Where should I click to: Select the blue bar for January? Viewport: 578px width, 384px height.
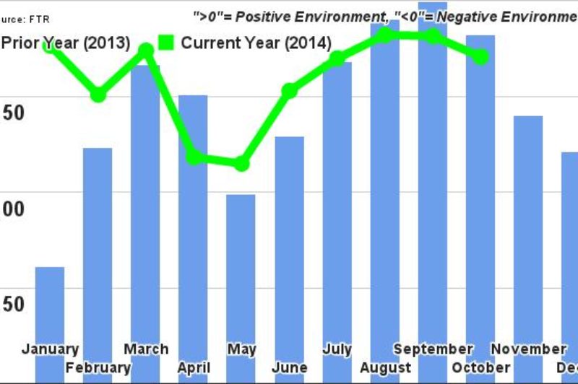click(50, 310)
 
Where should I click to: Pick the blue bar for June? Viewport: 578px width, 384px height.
click(289, 245)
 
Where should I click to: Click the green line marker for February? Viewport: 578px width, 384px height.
click(98, 94)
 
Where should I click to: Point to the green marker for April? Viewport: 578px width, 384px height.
click(194, 157)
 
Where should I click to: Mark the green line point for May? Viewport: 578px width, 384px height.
click(241, 164)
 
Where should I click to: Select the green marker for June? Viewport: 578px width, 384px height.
click(289, 90)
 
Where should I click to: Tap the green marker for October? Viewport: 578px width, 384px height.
click(480, 56)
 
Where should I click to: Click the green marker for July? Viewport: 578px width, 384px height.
click(337, 58)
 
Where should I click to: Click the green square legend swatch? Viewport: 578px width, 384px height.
click(165, 43)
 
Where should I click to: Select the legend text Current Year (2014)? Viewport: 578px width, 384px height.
click(256, 43)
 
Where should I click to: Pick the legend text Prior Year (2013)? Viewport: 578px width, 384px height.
click(66, 43)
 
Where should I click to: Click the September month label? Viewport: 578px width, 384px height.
click(432, 349)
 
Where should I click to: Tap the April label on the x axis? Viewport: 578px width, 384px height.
click(194, 367)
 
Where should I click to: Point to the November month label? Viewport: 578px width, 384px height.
click(528, 349)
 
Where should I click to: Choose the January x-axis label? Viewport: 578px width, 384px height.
click(50, 349)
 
